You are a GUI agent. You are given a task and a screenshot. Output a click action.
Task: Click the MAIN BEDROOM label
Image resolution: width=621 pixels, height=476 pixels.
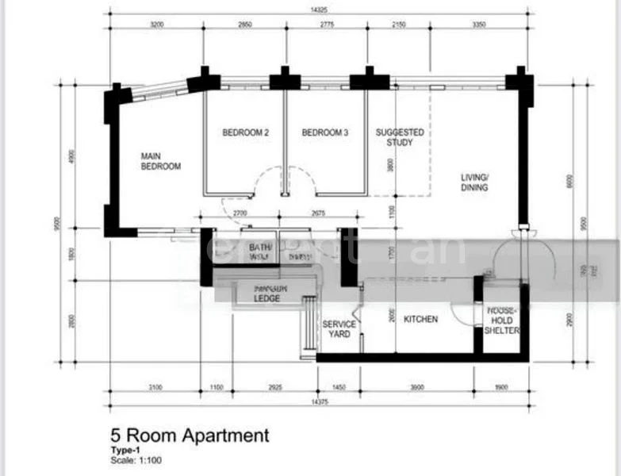pyautogui.click(x=160, y=161)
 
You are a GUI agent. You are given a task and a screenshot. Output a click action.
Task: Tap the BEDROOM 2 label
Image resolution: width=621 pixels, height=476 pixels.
pyautogui.click(x=245, y=133)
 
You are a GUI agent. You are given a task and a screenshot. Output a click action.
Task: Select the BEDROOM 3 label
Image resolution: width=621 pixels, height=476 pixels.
pyautogui.click(x=324, y=133)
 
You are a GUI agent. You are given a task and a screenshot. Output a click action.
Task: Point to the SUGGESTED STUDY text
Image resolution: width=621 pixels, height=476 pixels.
pyautogui.click(x=400, y=138)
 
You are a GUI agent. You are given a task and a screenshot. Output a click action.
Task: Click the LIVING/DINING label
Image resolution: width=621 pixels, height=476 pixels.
pyautogui.click(x=474, y=182)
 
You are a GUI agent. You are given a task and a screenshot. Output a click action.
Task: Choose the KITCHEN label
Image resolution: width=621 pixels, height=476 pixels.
pyautogui.click(x=420, y=319)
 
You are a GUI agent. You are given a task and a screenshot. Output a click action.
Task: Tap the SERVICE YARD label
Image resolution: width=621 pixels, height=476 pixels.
pyautogui.click(x=339, y=329)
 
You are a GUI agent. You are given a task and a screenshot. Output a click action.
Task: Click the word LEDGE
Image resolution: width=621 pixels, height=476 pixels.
pyautogui.click(x=266, y=299)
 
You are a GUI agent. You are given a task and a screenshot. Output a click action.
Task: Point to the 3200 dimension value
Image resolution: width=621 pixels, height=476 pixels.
pyautogui.click(x=157, y=25)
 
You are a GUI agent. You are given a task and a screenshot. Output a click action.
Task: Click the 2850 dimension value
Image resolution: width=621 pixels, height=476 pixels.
pyautogui.click(x=245, y=25)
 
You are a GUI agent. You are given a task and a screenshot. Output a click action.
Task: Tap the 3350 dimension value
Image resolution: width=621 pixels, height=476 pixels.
pyautogui.click(x=477, y=25)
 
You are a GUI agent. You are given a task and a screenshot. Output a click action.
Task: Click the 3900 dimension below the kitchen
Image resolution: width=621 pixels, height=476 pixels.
pyautogui.click(x=417, y=387)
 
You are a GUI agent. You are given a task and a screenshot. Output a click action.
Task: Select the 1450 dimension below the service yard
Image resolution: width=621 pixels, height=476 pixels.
pyautogui.click(x=339, y=387)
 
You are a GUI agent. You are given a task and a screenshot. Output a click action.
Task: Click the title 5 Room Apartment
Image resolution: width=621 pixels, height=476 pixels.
pyautogui.click(x=190, y=436)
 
